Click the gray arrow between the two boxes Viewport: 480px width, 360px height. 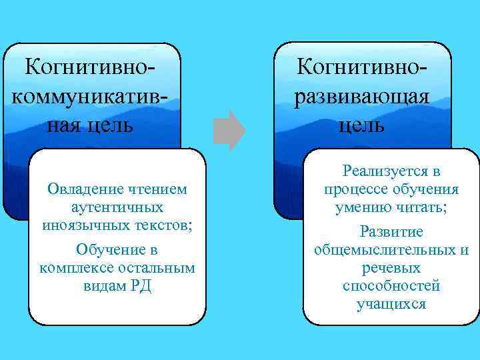(229, 131)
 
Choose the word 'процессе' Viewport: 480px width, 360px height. (354, 189)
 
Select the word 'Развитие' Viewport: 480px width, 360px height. (391, 232)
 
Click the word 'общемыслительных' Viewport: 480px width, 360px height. (385, 250)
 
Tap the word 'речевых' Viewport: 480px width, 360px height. (391, 268)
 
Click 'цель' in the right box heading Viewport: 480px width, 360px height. (361, 125)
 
